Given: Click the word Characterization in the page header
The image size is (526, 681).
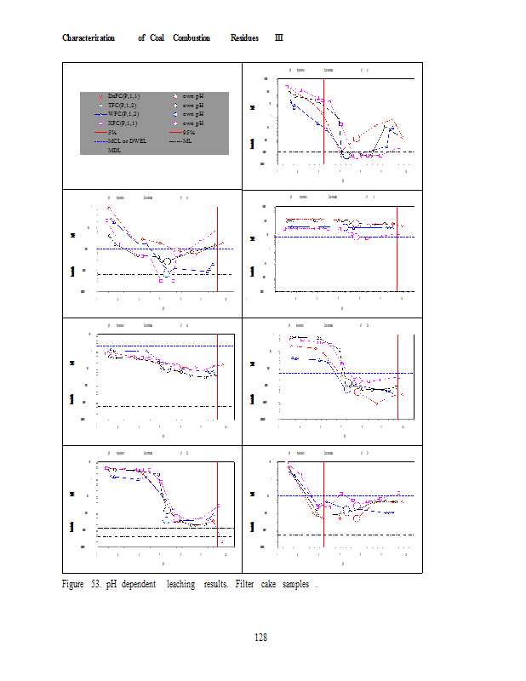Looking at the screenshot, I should [89, 38].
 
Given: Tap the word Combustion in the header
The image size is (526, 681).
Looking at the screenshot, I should [192, 38].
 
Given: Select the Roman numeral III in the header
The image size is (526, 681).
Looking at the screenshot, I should [279, 38].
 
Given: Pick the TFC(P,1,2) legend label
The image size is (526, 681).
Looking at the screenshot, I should [123, 105].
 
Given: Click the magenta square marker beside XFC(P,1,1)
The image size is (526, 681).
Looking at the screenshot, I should [100, 124].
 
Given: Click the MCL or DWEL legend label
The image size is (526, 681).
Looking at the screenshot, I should [127, 140].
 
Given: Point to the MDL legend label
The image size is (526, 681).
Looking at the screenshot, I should [114, 150].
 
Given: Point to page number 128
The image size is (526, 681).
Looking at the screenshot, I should [262, 637].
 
